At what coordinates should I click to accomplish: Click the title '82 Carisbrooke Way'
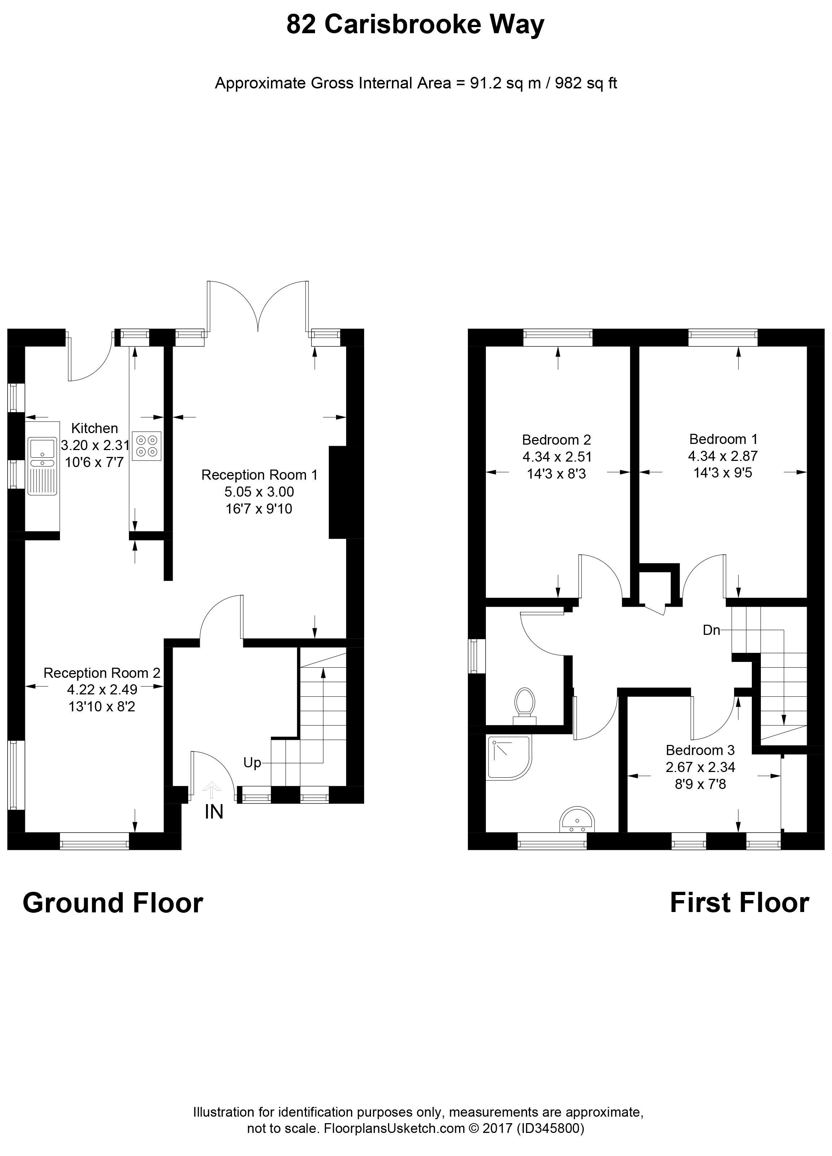click(415, 25)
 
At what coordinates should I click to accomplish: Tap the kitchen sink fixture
click(43, 466)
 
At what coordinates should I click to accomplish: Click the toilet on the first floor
click(525, 706)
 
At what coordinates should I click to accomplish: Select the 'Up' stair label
click(252, 763)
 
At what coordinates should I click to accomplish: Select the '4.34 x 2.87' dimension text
click(723, 456)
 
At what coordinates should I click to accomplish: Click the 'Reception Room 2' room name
click(102, 673)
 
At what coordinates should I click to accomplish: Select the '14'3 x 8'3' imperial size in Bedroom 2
click(557, 474)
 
